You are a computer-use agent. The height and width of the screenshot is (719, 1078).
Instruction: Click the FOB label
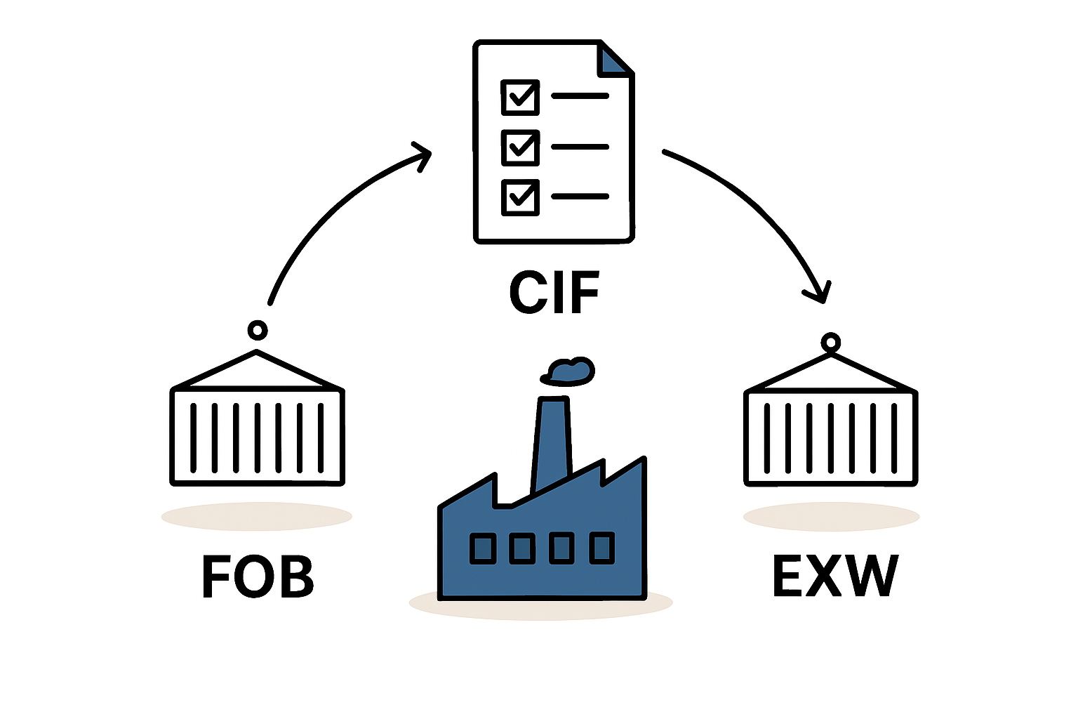pos(258,576)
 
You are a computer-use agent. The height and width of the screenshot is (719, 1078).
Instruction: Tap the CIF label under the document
pos(554,292)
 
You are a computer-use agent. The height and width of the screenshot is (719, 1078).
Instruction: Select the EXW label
pos(834,575)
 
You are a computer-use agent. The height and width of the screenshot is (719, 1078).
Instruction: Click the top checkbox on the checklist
pos(520,97)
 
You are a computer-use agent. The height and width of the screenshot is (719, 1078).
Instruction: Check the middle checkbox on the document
pos(520,147)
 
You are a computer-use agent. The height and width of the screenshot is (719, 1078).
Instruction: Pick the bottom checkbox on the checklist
pos(520,197)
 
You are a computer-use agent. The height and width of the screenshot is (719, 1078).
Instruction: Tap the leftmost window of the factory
pos(482,548)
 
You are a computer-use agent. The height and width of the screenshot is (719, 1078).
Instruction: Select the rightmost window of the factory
pos(601,548)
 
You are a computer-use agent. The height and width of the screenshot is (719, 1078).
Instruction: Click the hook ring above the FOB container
pos(258,330)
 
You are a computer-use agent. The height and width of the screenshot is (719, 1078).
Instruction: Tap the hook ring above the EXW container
pos(831,343)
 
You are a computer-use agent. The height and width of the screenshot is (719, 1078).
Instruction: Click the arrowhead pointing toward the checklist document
pos(422,154)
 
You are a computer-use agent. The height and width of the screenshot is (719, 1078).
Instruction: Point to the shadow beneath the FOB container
pos(256,517)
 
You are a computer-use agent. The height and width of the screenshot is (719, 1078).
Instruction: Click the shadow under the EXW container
pos(831,517)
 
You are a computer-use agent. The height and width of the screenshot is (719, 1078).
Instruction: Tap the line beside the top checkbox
pos(580,95)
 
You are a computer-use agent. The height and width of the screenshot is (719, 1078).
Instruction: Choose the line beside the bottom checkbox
pos(580,197)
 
